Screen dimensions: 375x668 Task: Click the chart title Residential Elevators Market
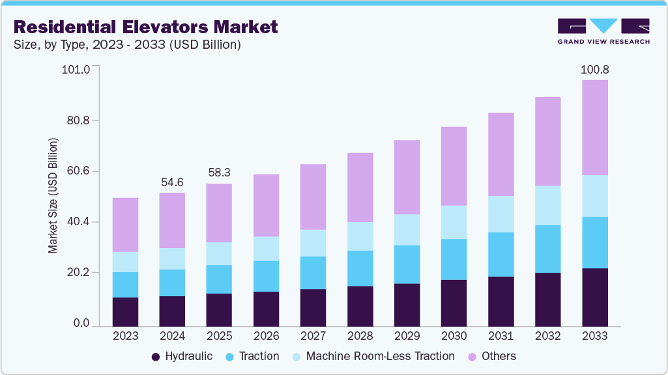[x=145, y=27]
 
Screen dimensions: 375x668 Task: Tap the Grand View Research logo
[x=603, y=31]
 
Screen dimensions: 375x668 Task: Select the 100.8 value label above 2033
[x=594, y=69]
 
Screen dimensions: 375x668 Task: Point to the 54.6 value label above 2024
[x=172, y=182]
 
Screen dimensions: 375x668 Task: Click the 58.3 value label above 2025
[x=219, y=173]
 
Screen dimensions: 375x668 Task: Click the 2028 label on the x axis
[x=360, y=336]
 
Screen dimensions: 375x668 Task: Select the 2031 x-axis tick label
[x=501, y=336]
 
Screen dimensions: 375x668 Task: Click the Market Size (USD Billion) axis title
[x=53, y=196]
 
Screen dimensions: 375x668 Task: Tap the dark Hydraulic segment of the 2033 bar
[x=594, y=297]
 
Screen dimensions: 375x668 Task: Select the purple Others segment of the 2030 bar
[x=454, y=166]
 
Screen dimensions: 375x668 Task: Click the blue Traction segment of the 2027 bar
[x=313, y=273]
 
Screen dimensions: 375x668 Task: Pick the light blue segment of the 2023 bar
[x=125, y=262]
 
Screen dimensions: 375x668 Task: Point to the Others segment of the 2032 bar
[x=547, y=141]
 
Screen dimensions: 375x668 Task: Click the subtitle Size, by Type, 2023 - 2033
[x=128, y=45]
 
